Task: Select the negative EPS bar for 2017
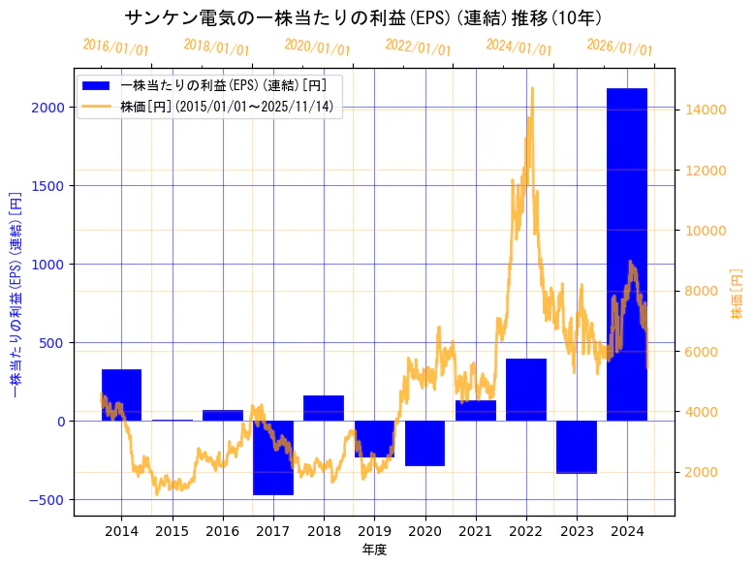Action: (x=273, y=457)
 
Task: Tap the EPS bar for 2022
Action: (x=526, y=390)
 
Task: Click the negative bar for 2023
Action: (x=577, y=447)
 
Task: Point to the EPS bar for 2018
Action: (x=324, y=408)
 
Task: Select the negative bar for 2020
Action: (x=424, y=443)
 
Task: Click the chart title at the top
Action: (x=363, y=17)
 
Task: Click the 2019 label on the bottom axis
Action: (x=374, y=531)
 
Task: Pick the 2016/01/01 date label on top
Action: (x=115, y=47)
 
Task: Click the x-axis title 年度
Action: (x=374, y=550)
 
